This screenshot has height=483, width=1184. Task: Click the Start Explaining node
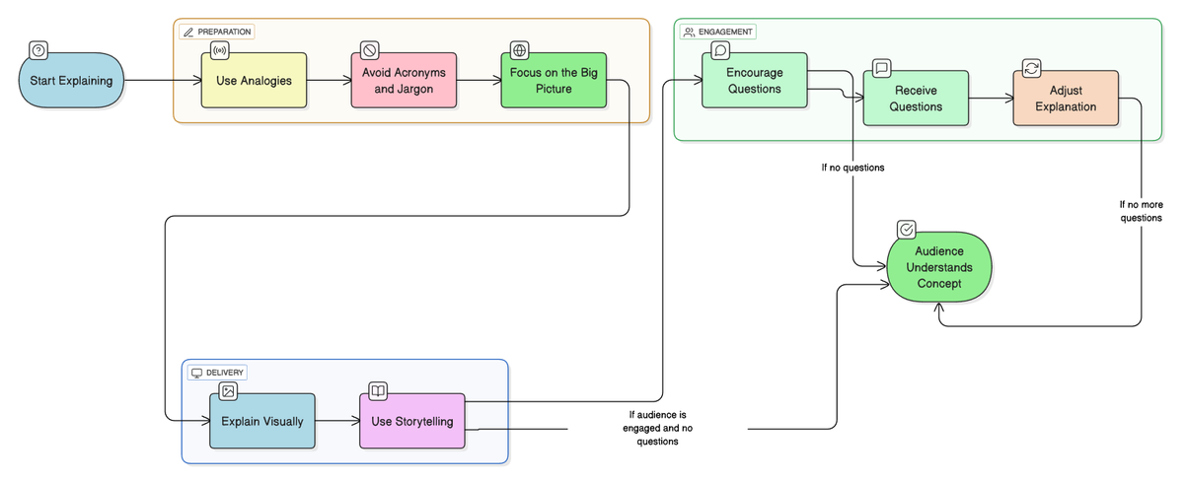tap(71, 80)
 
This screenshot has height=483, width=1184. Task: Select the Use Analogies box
tap(254, 80)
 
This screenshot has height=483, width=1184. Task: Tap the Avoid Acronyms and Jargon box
tap(404, 80)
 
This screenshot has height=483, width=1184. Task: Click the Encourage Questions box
tap(754, 80)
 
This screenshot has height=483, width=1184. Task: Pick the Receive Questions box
tap(916, 98)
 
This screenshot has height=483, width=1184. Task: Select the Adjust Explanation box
tap(1066, 98)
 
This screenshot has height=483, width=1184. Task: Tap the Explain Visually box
tap(261, 421)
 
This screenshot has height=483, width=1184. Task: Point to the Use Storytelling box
tap(411, 421)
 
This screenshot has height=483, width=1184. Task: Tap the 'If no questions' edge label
tap(852, 168)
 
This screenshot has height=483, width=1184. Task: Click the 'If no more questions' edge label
tap(1141, 211)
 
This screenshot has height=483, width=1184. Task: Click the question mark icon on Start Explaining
tap(38, 50)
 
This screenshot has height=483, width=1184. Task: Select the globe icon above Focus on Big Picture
tap(519, 50)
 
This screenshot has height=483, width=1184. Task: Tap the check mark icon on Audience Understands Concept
tap(906, 230)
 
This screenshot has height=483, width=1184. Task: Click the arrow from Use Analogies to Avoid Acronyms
tap(328, 80)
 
